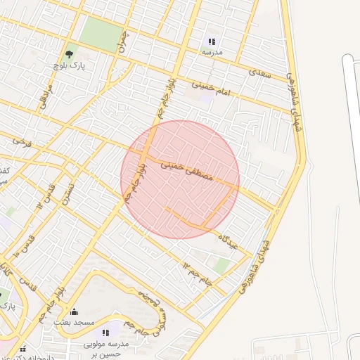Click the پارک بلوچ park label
click(68, 65)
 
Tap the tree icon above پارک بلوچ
click(69, 53)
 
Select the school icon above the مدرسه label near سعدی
click(212, 41)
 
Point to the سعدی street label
click(260, 72)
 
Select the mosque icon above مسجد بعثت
click(75, 311)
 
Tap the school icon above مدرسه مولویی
click(105, 332)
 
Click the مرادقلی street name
click(45, 98)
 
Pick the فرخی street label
click(22, 141)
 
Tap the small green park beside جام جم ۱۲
click(222, 265)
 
